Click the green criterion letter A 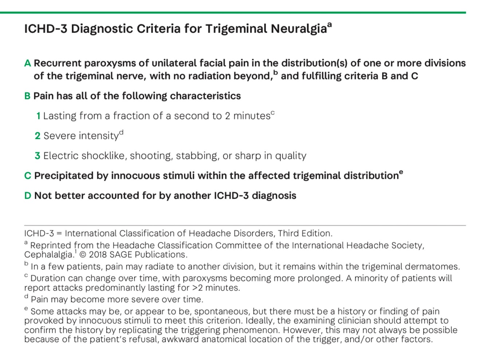[x=28, y=63]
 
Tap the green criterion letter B [x=27, y=96]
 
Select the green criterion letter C [x=28, y=176]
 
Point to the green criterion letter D [x=28, y=196]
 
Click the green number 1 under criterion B [x=38, y=116]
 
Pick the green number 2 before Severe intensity [x=38, y=136]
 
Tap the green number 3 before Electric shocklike [x=38, y=156]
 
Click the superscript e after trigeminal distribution [x=401, y=172]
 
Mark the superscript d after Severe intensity [x=121, y=133]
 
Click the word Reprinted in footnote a [x=51, y=246]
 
